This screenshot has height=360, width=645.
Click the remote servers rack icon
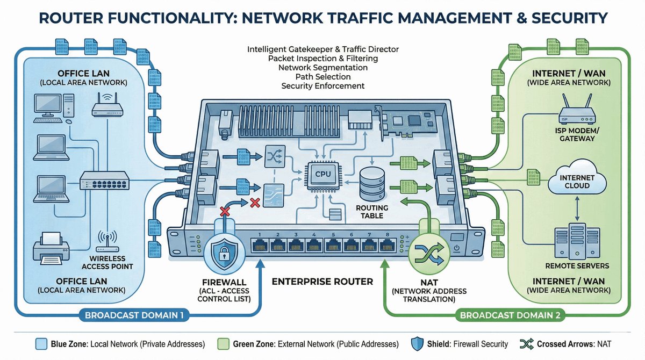[x=577, y=242]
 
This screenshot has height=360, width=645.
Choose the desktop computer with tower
[x=54, y=107]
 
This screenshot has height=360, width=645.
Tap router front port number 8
[x=387, y=246]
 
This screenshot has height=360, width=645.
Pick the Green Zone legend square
[x=224, y=344]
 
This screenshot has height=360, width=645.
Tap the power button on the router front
[x=457, y=248]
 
